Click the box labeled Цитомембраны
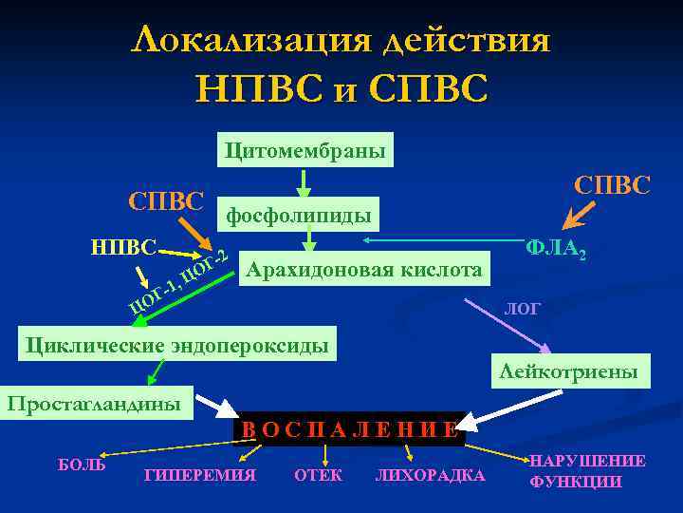pyautogui.click(x=305, y=150)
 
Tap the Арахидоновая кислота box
pyautogui.click(x=364, y=269)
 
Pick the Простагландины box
pyautogui.click(x=95, y=403)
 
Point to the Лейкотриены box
pyautogui.click(x=569, y=372)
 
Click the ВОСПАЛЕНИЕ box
pyautogui.click(x=349, y=428)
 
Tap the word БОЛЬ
pyautogui.click(x=82, y=465)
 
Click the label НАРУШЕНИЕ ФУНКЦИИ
pyautogui.click(x=587, y=471)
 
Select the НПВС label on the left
pyautogui.click(x=123, y=247)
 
